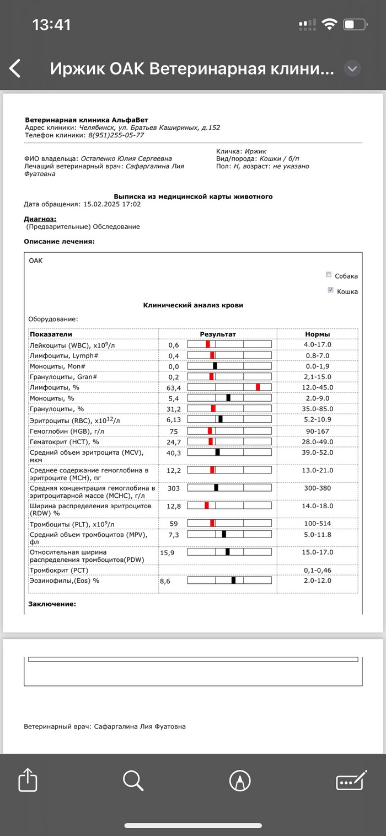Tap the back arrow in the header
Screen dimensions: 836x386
coord(15,69)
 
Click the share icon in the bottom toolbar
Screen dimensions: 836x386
coord(28,780)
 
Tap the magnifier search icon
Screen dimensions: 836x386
coord(133,780)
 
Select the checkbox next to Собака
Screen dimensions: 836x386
coord(329,275)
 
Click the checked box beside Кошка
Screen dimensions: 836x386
coord(330,290)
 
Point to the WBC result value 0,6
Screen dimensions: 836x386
coord(174,345)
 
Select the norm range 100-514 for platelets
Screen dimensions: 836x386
coord(318,523)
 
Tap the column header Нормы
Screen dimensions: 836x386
coord(318,334)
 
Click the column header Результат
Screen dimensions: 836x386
coord(217,334)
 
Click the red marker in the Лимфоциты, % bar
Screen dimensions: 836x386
coord(258,387)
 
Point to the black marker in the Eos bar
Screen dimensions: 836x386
coord(233,580)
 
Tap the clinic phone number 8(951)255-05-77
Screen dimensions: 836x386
coord(116,135)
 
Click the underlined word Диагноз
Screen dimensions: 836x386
coord(40,219)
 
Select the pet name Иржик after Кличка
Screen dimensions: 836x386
coord(255,151)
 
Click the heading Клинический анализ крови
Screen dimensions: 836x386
coord(193,305)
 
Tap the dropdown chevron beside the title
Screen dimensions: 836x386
coord(352,69)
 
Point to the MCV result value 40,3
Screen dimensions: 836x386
coord(174,452)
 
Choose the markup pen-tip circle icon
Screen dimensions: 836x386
coord(240,780)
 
